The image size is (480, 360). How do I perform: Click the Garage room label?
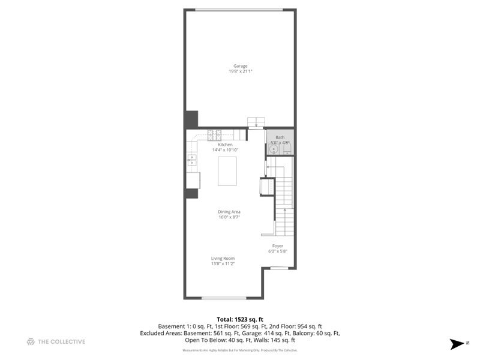tap(240, 66)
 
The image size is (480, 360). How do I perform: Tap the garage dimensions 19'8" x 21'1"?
tap(240, 71)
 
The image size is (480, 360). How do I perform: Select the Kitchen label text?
tap(225, 145)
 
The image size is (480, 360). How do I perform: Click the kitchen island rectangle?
tap(227, 171)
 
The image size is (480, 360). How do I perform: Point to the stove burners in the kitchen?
tap(215, 134)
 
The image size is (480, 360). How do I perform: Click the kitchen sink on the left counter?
tap(192, 159)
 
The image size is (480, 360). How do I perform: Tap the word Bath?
tap(280, 137)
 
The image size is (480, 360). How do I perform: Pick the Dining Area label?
tap(229, 212)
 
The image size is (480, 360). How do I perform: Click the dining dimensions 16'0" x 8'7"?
tap(229, 217)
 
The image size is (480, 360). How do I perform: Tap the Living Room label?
tap(223, 258)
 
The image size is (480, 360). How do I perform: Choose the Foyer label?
tap(278, 246)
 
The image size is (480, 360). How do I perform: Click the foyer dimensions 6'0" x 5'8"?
tap(278, 251)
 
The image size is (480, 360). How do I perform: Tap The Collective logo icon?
tap(31, 342)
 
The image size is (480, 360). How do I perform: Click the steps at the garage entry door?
tap(256, 121)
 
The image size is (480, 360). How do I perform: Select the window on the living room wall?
tap(223, 298)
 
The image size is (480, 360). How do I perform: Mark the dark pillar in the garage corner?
tap(191, 119)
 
